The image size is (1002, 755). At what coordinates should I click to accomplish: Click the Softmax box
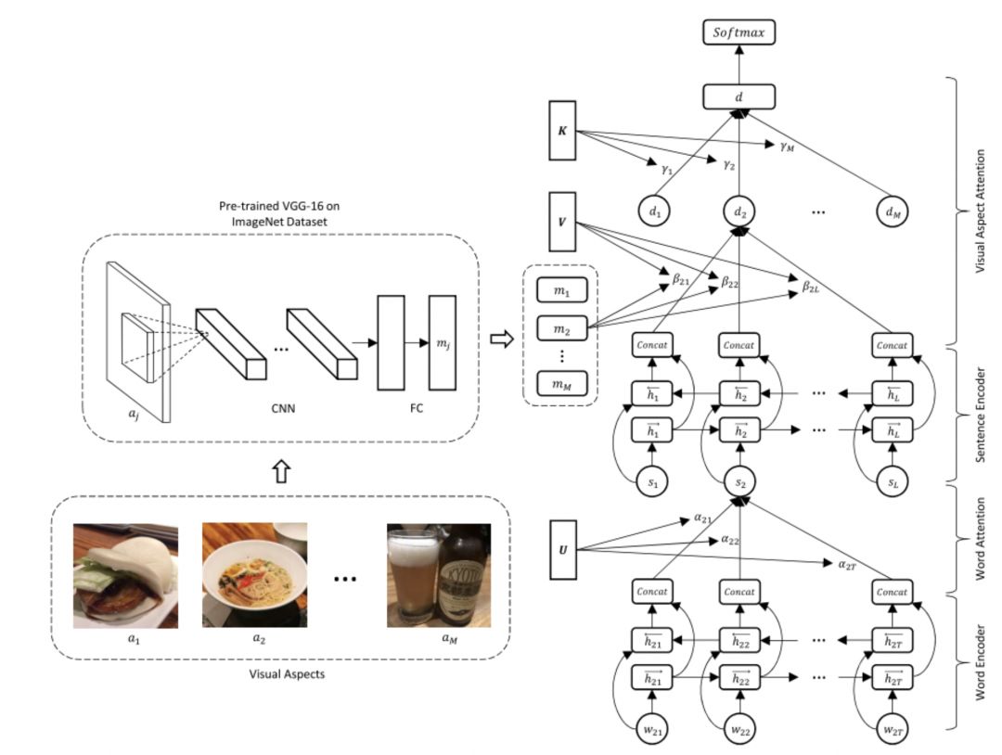(739, 32)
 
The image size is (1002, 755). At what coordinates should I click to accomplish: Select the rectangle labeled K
(562, 130)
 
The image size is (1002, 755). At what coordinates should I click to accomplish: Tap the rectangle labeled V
(562, 222)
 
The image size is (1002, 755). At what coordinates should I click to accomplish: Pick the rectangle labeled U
(563, 549)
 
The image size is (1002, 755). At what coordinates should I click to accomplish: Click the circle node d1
(654, 211)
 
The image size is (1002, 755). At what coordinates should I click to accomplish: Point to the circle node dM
(893, 211)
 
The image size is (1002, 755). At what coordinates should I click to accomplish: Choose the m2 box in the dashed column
(561, 328)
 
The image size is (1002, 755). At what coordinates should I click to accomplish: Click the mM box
(561, 383)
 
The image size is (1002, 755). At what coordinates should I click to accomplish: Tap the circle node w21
(652, 729)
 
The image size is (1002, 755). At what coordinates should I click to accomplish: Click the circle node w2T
(893, 729)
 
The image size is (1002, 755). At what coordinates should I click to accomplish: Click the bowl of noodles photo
(254, 575)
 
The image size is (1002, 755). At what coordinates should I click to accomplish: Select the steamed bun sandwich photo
(126, 575)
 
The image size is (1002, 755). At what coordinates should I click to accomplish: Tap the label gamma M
(787, 147)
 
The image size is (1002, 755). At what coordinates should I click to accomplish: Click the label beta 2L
(810, 287)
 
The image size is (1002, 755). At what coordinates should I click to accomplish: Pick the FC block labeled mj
(443, 342)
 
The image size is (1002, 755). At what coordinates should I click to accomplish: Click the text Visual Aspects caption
(287, 674)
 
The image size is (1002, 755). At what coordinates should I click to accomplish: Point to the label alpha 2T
(847, 565)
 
